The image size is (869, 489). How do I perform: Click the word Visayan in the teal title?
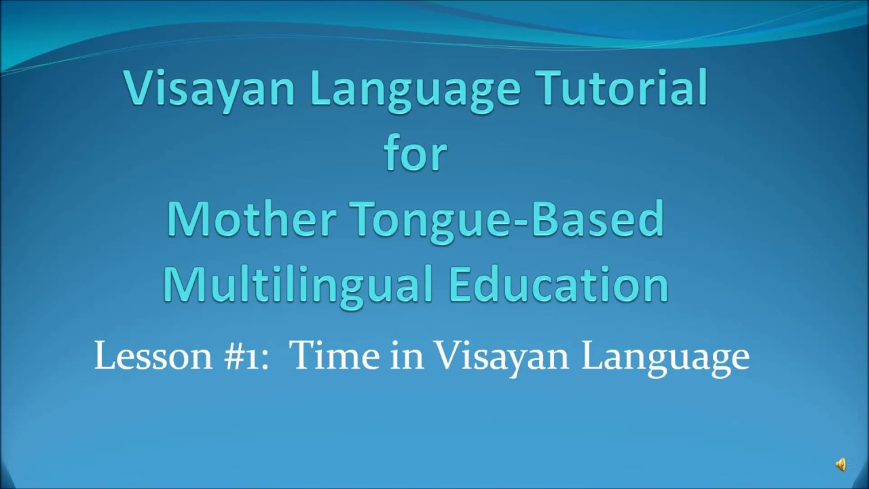(209, 88)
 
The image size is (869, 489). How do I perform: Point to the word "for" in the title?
(415, 153)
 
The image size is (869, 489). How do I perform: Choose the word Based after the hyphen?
(602, 219)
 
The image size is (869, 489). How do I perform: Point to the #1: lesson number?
(244, 355)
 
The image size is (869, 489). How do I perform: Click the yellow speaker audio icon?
(840, 465)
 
